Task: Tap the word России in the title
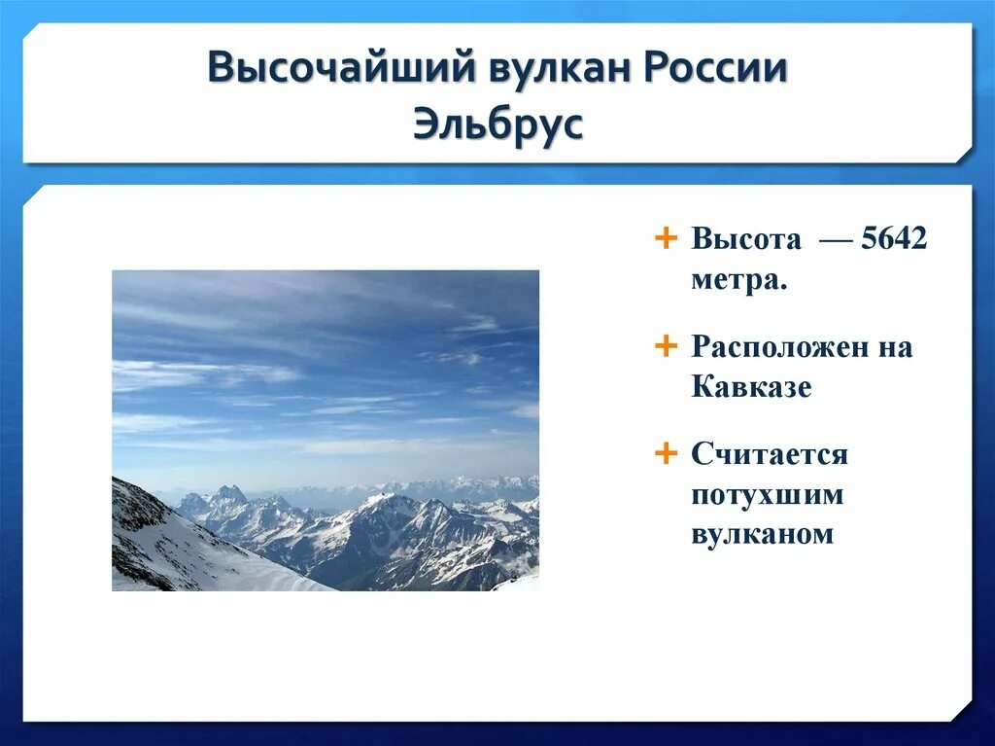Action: pyautogui.click(x=714, y=69)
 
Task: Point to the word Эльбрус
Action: pyautogui.click(x=497, y=124)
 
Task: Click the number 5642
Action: pyautogui.click(x=894, y=239)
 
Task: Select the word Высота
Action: pyautogui.click(x=746, y=239)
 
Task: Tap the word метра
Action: pyautogui.click(x=739, y=279)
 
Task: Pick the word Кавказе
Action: pyautogui.click(x=751, y=386)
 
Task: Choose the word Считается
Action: pyautogui.click(x=770, y=454)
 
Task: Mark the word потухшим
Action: pyautogui.click(x=768, y=495)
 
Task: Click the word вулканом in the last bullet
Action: pyautogui.click(x=762, y=534)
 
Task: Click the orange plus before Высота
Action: pyautogui.click(x=665, y=239)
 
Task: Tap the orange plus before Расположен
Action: pyautogui.click(x=665, y=346)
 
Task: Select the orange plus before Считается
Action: pyautogui.click(x=665, y=453)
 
